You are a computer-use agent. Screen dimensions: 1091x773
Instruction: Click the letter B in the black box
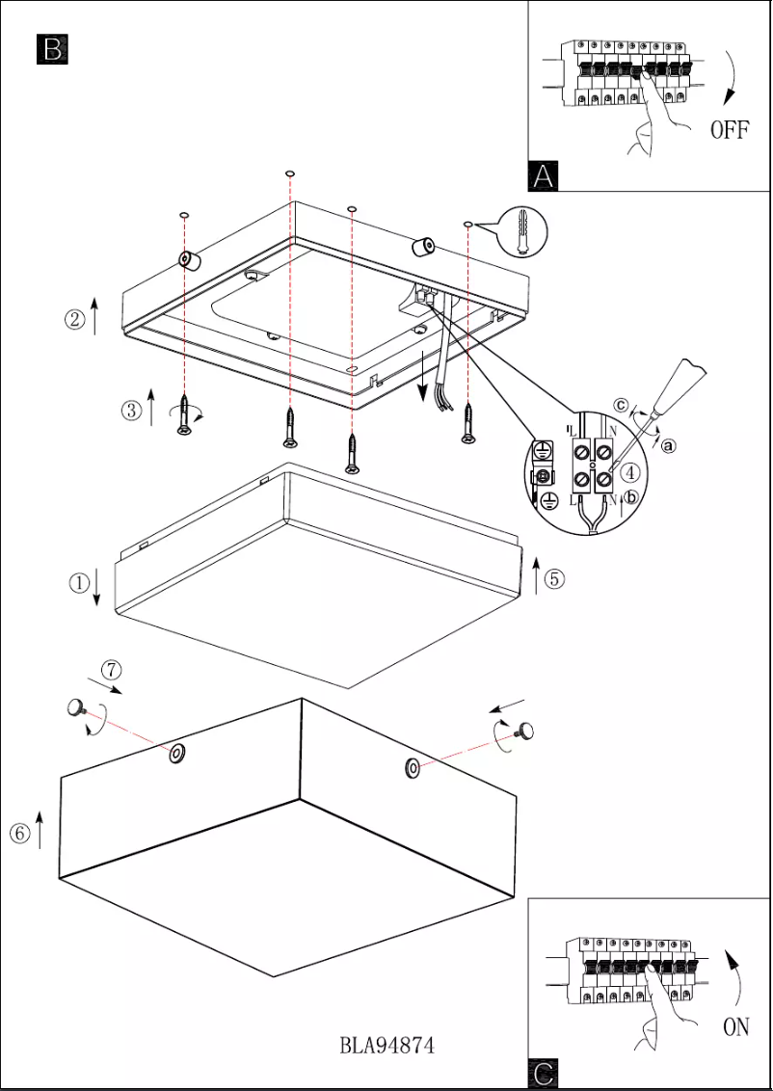(52, 49)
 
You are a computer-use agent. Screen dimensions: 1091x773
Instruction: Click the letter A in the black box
(544, 175)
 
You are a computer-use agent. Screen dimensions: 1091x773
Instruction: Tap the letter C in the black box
(544, 1074)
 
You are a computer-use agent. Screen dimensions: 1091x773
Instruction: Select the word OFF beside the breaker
(730, 130)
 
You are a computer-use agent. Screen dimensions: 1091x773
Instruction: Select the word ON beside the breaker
(735, 1027)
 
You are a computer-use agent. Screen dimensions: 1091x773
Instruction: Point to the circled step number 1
(79, 582)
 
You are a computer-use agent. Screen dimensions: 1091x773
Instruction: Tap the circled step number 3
(131, 411)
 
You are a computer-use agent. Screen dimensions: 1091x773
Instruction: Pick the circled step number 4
(629, 473)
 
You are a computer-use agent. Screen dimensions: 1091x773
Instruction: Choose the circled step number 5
(554, 578)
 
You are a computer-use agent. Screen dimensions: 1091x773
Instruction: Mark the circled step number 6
(19, 834)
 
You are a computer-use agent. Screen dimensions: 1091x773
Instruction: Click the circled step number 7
(112, 669)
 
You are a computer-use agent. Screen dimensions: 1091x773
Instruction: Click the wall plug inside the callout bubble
(520, 231)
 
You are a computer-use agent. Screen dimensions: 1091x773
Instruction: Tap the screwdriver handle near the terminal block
(690, 382)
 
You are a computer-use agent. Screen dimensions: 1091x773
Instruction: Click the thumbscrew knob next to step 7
(75, 710)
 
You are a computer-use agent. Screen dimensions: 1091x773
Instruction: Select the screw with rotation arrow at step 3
(183, 416)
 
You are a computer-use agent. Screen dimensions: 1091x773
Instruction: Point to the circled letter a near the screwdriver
(669, 445)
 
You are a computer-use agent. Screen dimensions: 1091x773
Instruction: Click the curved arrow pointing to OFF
(732, 77)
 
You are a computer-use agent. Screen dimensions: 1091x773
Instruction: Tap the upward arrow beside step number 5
(536, 575)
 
